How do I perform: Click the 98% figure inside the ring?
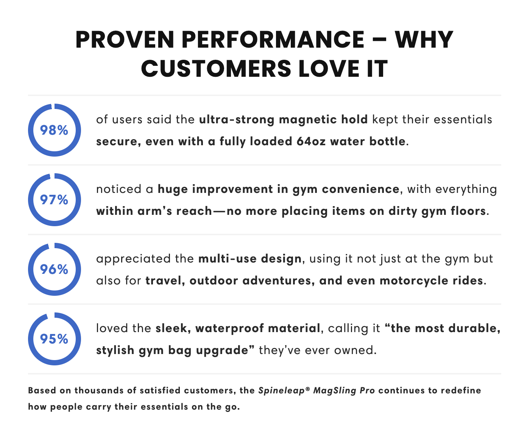tap(54, 130)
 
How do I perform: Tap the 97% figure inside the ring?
tap(54, 200)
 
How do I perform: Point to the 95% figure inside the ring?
tap(54, 339)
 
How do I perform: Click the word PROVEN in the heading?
tap(125, 40)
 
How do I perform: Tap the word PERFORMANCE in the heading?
tap(273, 40)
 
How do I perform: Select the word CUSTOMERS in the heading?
tap(216, 69)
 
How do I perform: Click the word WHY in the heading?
tap(424, 40)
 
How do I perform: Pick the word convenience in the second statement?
tap(361, 189)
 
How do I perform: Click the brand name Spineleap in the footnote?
tap(282, 391)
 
